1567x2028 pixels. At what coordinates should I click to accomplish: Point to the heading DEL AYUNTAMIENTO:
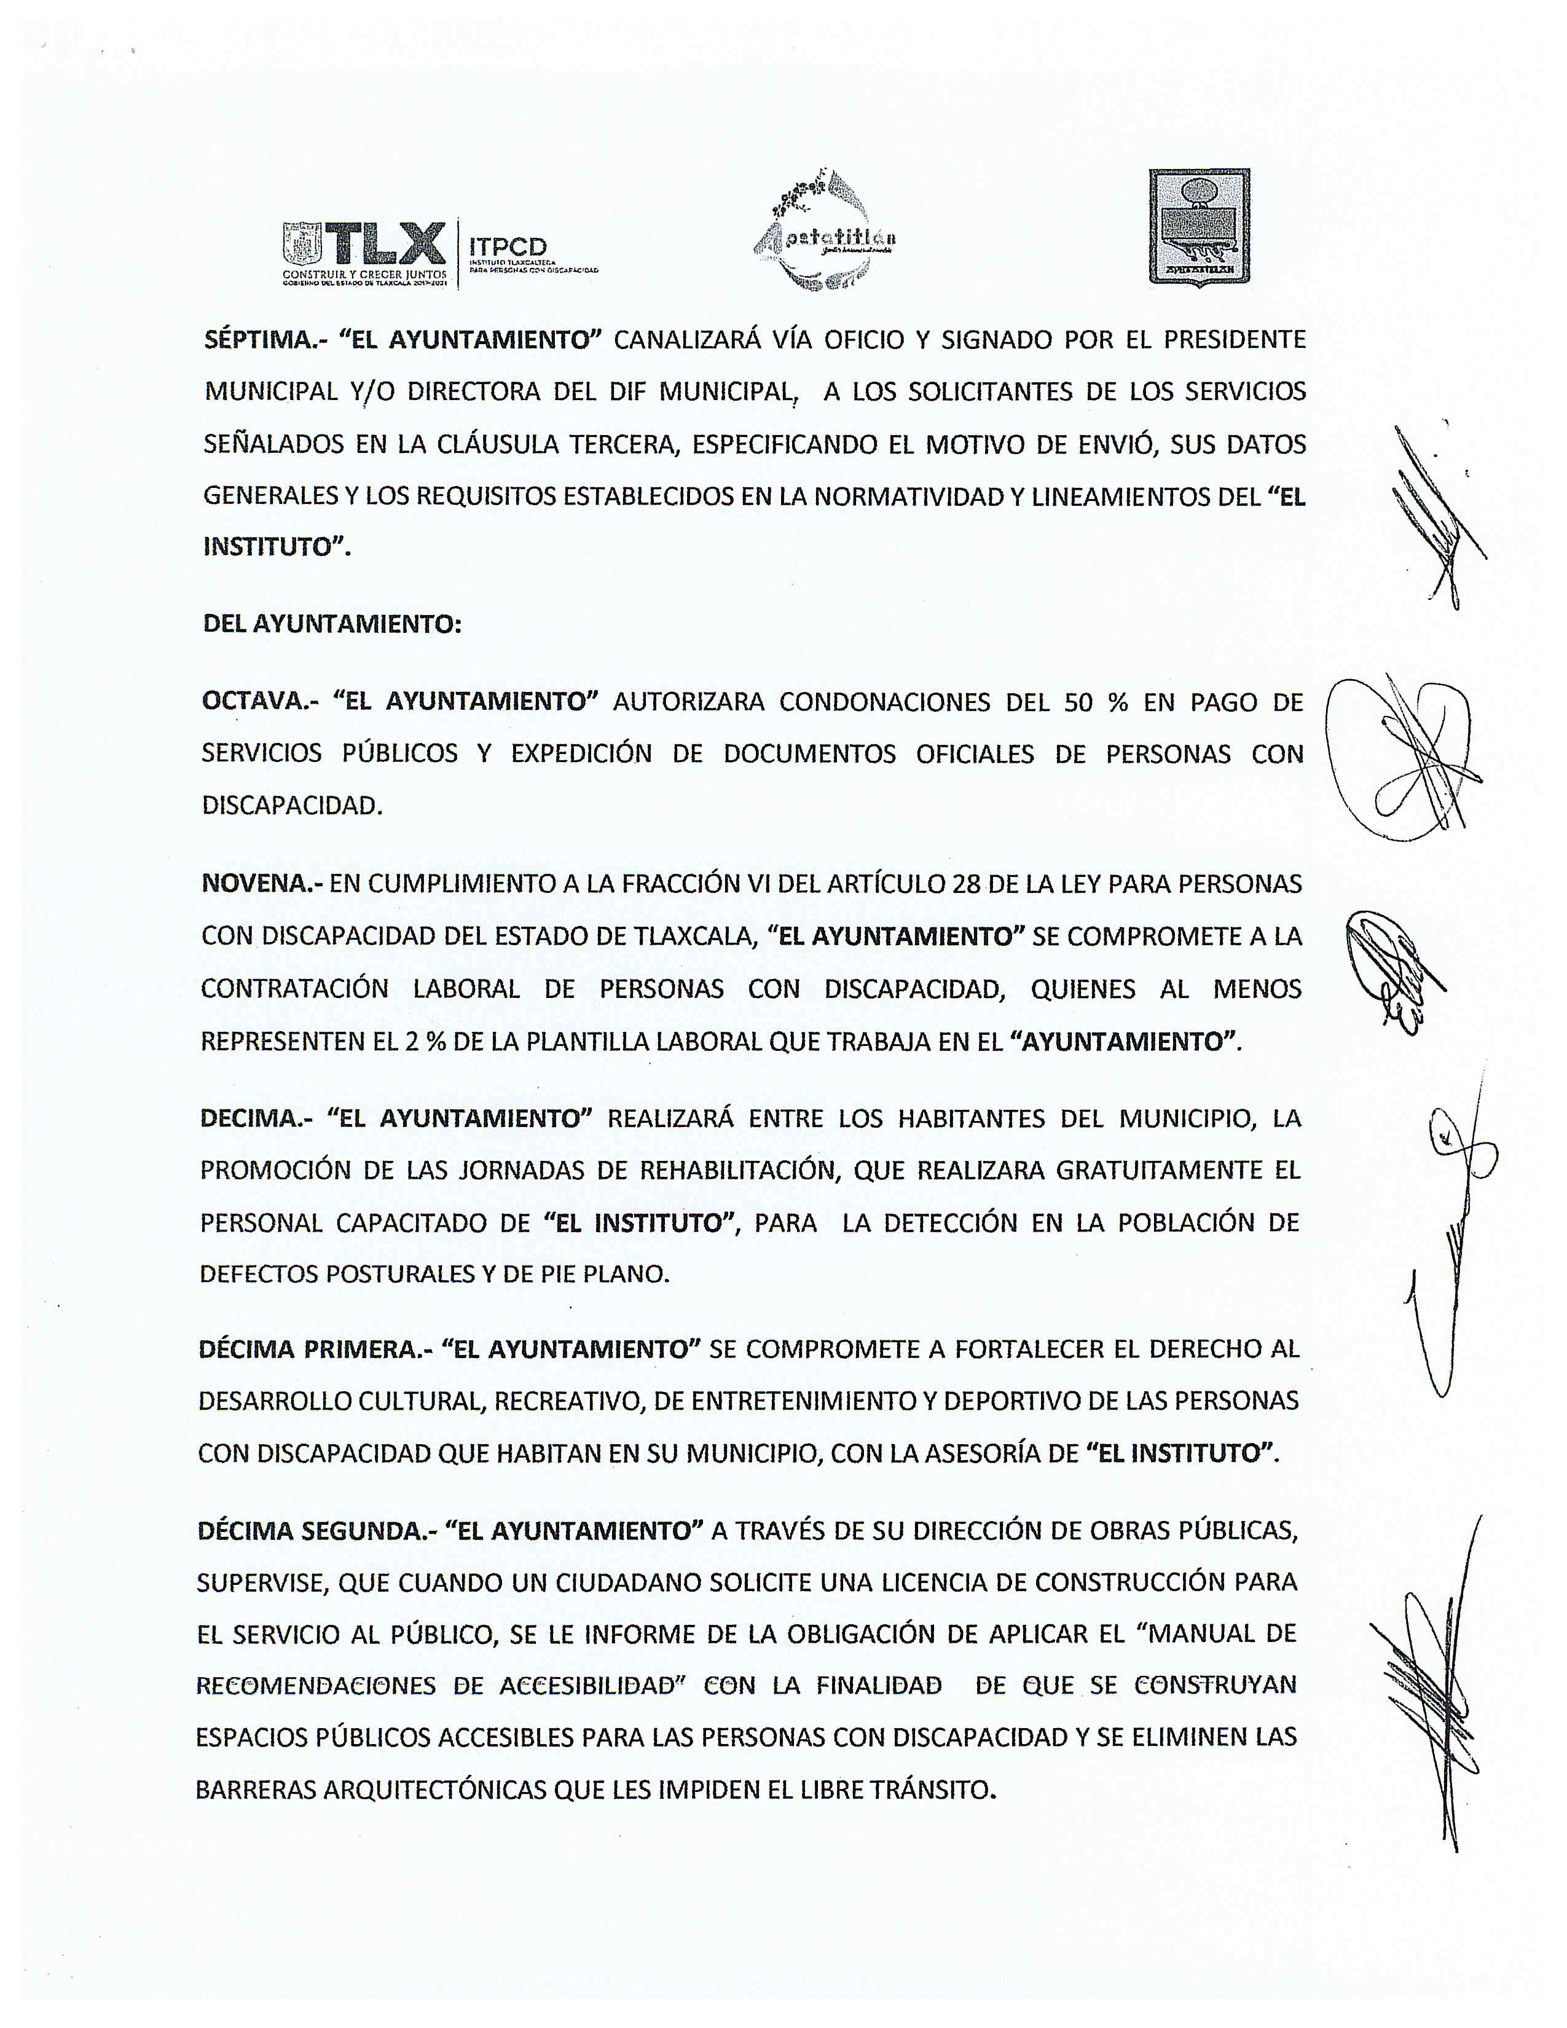coord(331,624)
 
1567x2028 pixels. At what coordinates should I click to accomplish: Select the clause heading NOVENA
coord(256,883)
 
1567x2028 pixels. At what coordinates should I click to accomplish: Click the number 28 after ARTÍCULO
coord(967,883)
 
